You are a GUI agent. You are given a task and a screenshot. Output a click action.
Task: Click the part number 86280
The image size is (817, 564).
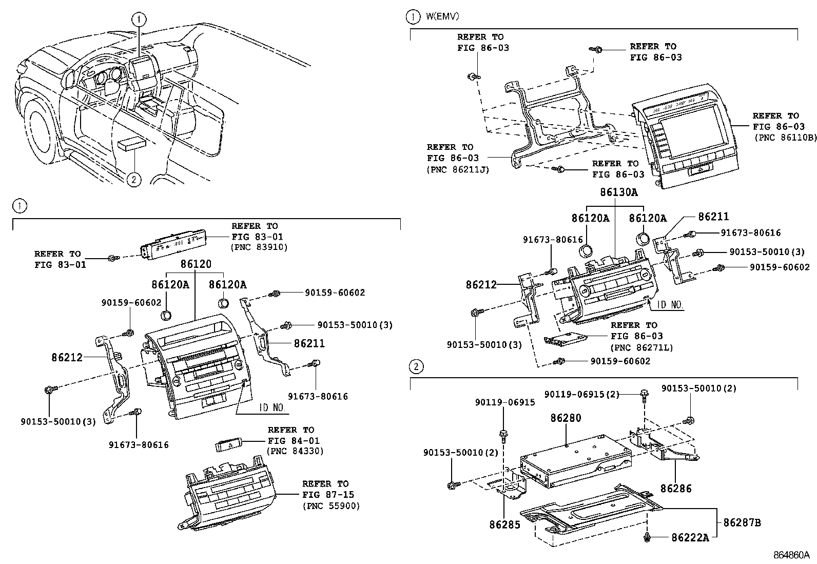(x=566, y=418)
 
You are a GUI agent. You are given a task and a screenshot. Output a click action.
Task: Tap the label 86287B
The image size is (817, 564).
(x=742, y=523)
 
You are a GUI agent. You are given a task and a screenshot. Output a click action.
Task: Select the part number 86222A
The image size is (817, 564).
(x=690, y=537)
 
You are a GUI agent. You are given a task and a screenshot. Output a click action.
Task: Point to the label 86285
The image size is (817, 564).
(x=504, y=524)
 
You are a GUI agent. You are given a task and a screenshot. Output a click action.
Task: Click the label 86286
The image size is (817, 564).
(x=676, y=488)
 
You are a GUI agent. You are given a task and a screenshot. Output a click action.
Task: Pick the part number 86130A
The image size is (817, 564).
(x=618, y=192)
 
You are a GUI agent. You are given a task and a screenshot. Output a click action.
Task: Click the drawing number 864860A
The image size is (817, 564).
(x=791, y=555)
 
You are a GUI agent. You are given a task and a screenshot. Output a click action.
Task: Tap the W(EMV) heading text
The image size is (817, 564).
(x=442, y=16)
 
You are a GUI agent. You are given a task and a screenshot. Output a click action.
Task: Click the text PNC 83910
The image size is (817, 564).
(x=259, y=247)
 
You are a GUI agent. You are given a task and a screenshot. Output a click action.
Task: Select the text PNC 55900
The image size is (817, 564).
(x=330, y=506)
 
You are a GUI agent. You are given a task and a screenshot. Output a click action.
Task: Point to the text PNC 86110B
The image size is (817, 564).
(x=785, y=138)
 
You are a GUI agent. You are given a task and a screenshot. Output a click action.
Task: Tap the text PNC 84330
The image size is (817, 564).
(x=295, y=452)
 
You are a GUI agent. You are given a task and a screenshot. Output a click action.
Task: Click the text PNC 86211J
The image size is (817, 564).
(x=458, y=169)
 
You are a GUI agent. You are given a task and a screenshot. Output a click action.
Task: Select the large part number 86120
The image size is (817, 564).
(x=195, y=264)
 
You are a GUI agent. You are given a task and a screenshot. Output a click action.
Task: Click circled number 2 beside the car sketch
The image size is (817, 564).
(x=133, y=179)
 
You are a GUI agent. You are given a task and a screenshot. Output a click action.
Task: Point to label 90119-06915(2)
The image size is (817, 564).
(x=581, y=394)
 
